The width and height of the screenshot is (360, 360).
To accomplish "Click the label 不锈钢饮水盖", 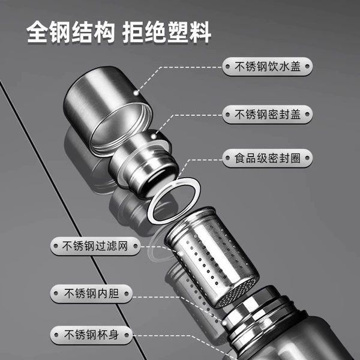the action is pos(267,67).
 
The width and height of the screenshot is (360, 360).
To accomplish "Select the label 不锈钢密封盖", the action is pos(267,115).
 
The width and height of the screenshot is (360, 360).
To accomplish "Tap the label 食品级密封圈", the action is pos(267,158).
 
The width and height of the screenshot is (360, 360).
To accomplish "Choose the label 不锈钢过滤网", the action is pos(95,246).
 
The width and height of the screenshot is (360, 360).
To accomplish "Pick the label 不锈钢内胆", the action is pos(91,293).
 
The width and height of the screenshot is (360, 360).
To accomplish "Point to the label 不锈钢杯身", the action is pos(91,335).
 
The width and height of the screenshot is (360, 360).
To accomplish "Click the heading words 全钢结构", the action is pos(70,32).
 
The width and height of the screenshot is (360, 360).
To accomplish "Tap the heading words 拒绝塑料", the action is pos(166,32).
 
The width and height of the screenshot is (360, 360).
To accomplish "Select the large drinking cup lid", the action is pos(108,112).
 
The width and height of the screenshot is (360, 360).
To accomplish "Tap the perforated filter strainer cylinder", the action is pos(212,257).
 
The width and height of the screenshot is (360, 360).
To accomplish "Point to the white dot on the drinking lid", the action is pos(136,93).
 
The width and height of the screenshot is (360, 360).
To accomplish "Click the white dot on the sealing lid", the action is pos(154,137).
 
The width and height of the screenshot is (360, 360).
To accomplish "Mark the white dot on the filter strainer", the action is pos(181,253).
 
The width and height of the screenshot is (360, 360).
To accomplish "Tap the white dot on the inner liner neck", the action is pos(224,323).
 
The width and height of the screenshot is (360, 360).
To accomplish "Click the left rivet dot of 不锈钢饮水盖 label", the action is pos(227,67).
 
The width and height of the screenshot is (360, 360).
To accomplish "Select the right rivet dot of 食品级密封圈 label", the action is pos(307,158).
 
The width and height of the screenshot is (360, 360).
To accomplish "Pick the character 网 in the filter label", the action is pos(123,246).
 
